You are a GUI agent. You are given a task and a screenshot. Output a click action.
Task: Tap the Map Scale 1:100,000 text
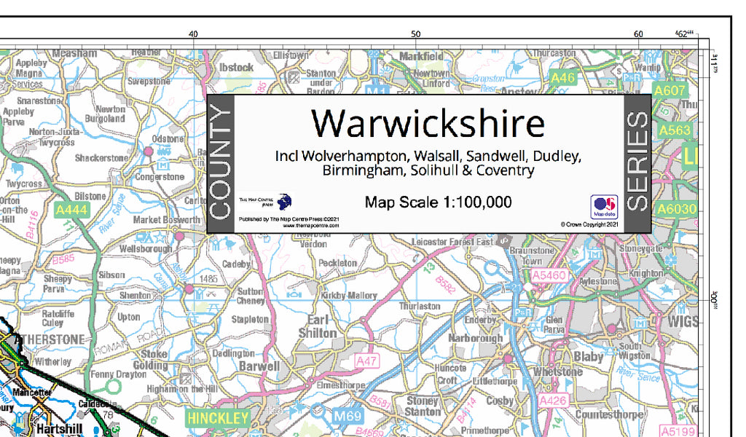(438, 202)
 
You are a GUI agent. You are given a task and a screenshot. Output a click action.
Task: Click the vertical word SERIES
(637, 162)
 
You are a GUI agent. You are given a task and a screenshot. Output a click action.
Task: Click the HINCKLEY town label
(218, 418)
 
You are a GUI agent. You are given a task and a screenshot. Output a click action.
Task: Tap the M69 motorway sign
(348, 416)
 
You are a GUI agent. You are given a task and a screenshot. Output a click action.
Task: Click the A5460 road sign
(549, 275)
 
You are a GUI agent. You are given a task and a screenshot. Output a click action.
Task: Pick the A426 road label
(551, 400)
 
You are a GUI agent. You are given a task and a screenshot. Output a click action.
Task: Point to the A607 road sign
(669, 90)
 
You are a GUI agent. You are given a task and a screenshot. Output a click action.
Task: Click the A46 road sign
(563, 76)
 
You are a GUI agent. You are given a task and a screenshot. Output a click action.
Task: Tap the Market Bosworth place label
(166, 220)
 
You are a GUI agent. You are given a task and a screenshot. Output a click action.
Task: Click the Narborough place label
(476, 338)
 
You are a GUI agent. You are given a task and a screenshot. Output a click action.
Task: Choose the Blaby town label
(588, 357)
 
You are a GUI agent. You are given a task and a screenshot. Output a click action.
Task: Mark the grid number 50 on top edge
(415, 34)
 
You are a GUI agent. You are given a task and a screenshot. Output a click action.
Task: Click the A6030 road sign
(677, 210)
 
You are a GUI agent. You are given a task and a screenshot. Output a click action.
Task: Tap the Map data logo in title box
(604, 207)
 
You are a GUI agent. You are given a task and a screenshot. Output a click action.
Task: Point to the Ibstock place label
(236, 67)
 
